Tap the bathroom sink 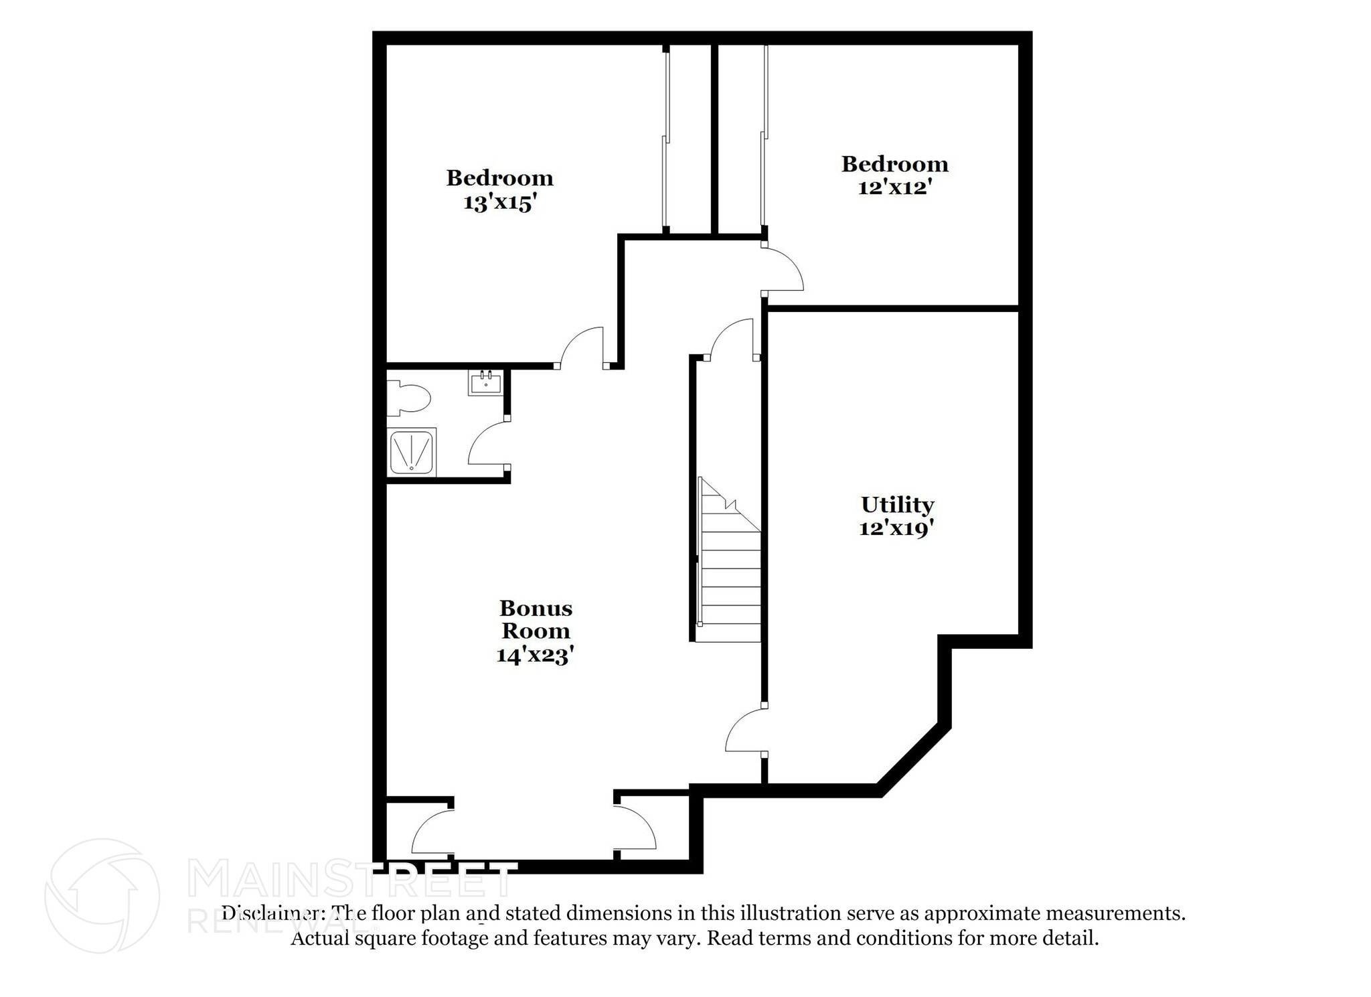485,384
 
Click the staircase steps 730,576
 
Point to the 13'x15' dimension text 501,202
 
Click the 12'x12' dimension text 895,187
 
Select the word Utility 897,504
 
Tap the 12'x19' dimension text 896,528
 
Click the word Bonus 536,608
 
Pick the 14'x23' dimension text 536,654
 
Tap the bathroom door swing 487,443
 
